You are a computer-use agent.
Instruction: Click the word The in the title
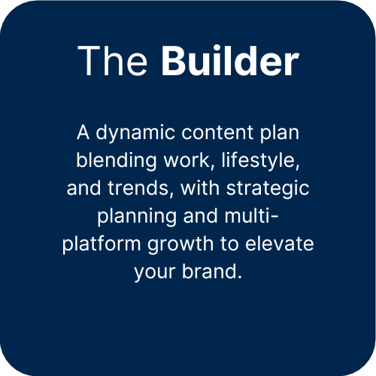tap(113, 61)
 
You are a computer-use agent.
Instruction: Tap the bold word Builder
tap(230, 60)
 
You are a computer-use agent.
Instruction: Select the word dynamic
tap(135, 134)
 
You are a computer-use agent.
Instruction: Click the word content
tap(217, 132)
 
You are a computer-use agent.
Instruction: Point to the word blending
tap(117, 161)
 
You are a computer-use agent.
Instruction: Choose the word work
tap(188, 160)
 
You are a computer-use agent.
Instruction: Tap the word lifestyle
tap(260, 161)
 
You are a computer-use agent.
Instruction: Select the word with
tap(200, 187)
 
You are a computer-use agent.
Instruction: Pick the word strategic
tap(268, 189)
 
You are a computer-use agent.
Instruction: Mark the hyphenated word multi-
tap(251, 215)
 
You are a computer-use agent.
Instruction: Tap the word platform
tap(102, 244)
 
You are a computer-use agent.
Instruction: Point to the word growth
tap(180, 244)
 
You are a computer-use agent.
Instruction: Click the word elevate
tap(280, 243)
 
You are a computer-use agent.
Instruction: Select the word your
tap(155, 273)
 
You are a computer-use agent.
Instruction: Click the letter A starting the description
tap(83, 132)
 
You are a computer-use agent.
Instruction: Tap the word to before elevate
tap(229, 244)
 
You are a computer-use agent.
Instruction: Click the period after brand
tap(240, 277)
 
